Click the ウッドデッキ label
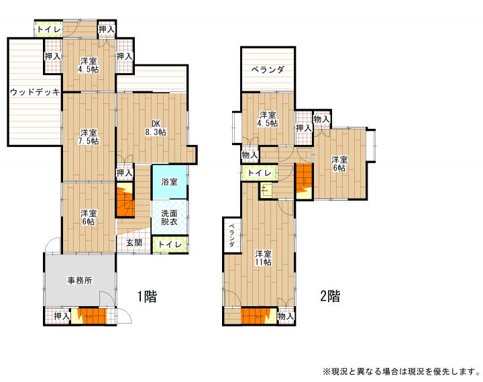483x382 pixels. click(35, 92)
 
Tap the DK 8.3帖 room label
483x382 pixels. click(156, 128)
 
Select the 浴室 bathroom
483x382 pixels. click(170, 182)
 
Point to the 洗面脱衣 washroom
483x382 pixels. click(170, 217)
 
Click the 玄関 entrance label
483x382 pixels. click(134, 243)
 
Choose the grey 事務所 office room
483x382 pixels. click(80, 280)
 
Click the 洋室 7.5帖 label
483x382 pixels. click(89, 137)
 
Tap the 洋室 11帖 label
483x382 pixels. click(263, 258)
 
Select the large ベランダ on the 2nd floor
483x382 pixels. click(268, 69)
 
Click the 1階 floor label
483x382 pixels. click(147, 297)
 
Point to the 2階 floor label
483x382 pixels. click(330, 296)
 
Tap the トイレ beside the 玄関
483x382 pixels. click(170, 244)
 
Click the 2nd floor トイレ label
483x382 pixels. click(260, 173)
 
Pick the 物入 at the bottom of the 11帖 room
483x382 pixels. click(286, 316)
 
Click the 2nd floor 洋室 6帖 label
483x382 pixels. click(339, 164)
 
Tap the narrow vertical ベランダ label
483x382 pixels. click(231, 235)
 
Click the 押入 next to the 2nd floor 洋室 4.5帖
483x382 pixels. click(304, 128)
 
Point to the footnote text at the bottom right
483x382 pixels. click(401, 371)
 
